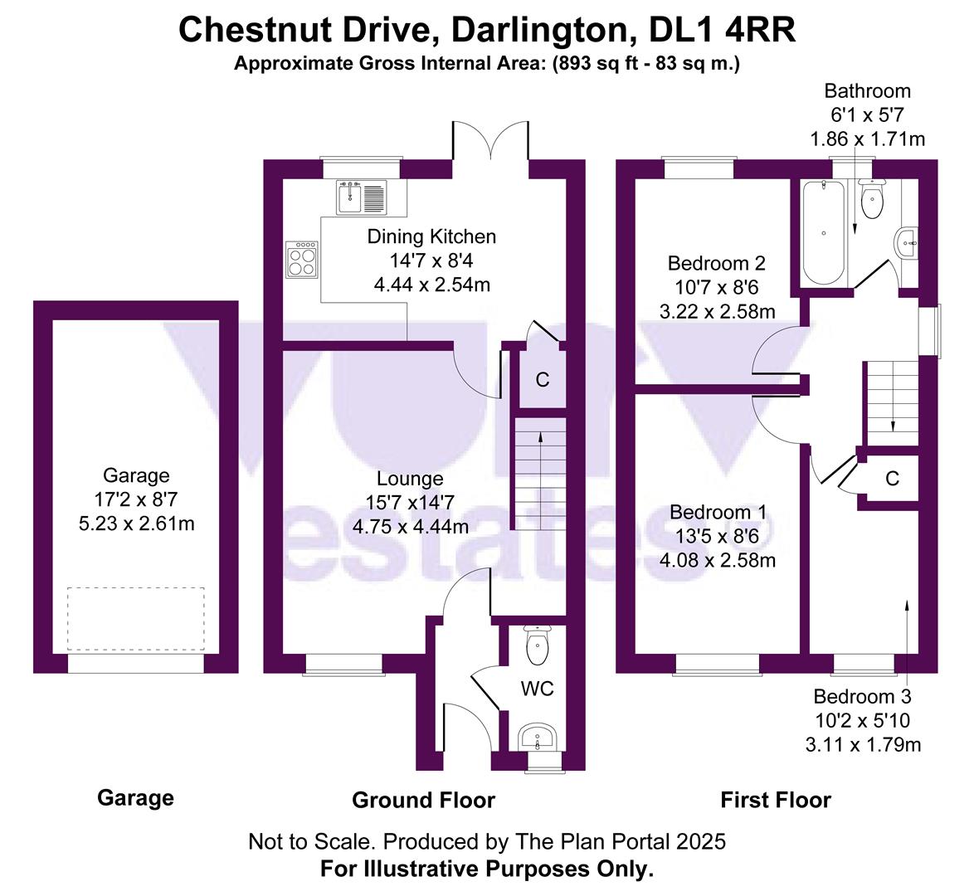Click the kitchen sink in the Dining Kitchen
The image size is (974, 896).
click(361, 197)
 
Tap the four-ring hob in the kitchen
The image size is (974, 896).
click(302, 260)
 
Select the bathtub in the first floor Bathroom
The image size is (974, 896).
click(823, 233)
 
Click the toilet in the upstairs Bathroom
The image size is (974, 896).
click(871, 200)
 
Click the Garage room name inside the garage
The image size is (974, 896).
click(136, 475)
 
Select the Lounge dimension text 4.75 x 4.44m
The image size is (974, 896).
click(410, 526)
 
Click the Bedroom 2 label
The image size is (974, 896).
click(716, 264)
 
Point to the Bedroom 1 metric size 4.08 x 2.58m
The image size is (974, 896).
click(718, 560)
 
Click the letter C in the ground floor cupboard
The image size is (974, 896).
click(542, 380)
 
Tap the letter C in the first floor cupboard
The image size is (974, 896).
click(892, 479)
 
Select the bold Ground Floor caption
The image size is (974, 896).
click(423, 800)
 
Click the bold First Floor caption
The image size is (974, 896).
click(775, 800)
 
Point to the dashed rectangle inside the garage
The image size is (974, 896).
click(136, 619)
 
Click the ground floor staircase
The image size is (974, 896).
click(539, 477)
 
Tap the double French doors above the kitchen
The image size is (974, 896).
click(490, 141)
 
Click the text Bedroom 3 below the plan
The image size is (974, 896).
click(863, 696)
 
